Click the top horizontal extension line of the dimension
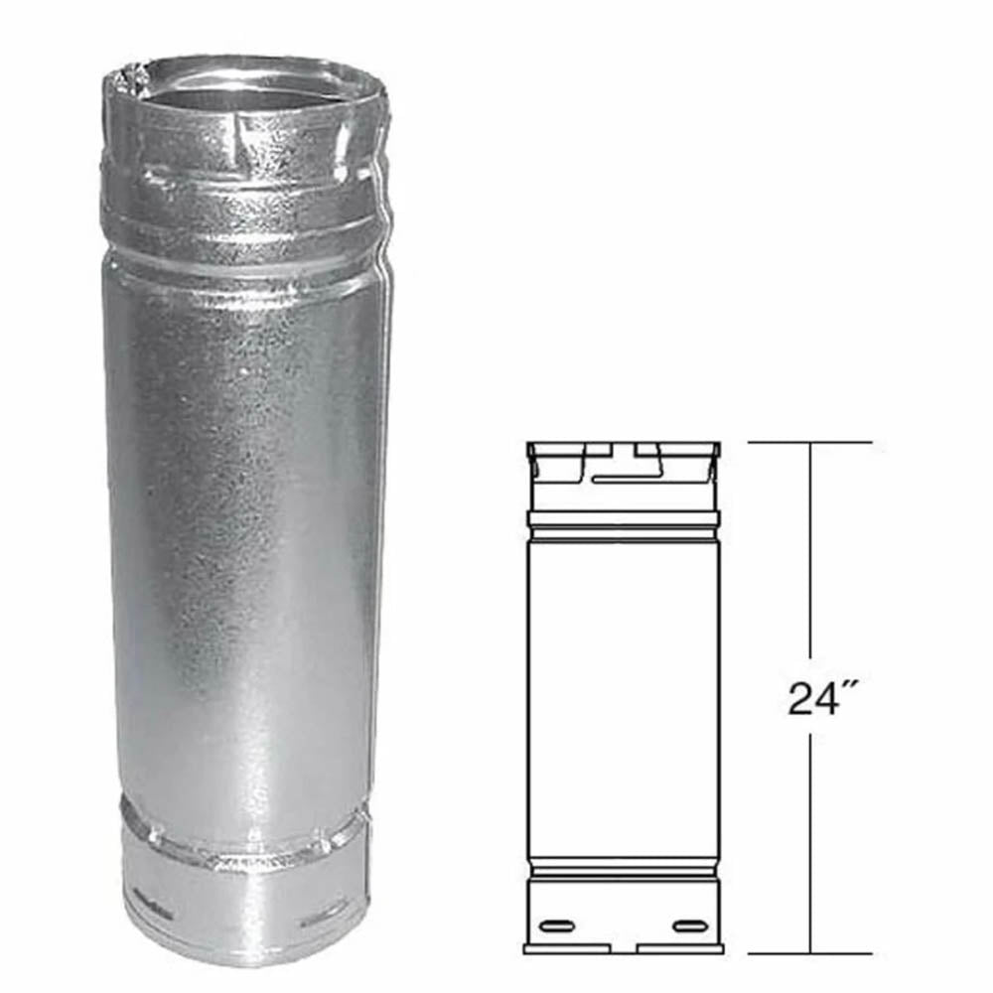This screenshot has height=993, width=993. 809,442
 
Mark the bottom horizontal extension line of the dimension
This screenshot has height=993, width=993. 809,953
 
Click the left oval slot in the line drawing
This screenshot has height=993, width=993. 558,926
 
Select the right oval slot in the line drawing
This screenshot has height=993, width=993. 691,926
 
